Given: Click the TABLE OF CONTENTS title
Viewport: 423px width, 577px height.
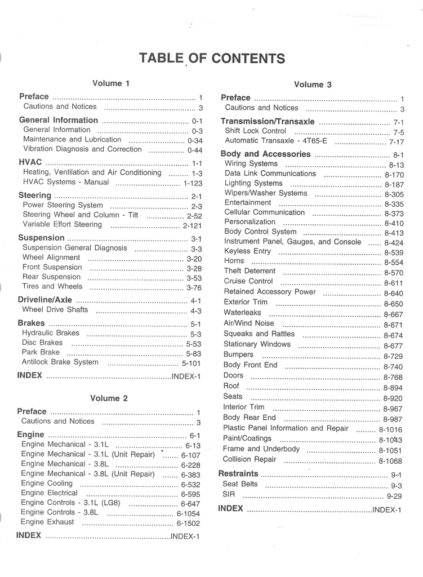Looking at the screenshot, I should (x=212, y=59).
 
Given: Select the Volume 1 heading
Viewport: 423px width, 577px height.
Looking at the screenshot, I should (x=111, y=83).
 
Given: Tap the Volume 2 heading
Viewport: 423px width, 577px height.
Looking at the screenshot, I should (x=109, y=398).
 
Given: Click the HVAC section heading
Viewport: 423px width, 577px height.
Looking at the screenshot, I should (x=30, y=162).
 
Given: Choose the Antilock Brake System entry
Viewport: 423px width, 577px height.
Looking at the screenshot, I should (x=60, y=362).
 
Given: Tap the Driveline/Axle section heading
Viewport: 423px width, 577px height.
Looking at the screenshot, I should (x=45, y=300).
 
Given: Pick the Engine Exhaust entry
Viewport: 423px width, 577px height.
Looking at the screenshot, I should (x=47, y=522).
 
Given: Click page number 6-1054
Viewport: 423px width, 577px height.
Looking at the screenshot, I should (x=188, y=513).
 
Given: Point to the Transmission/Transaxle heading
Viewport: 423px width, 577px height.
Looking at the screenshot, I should (x=268, y=122).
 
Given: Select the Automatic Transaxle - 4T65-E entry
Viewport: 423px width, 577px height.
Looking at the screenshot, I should (x=275, y=141).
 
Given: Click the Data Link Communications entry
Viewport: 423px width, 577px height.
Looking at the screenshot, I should (x=270, y=174).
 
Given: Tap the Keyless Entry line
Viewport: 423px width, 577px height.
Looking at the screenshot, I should (x=247, y=251).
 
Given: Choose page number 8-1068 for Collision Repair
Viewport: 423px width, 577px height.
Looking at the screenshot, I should (x=390, y=461).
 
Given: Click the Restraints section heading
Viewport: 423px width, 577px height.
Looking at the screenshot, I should (x=238, y=474).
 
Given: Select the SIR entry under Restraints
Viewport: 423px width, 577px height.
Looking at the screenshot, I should (x=229, y=495).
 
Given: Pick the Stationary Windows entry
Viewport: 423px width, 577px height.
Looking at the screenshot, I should (x=257, y=344).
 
